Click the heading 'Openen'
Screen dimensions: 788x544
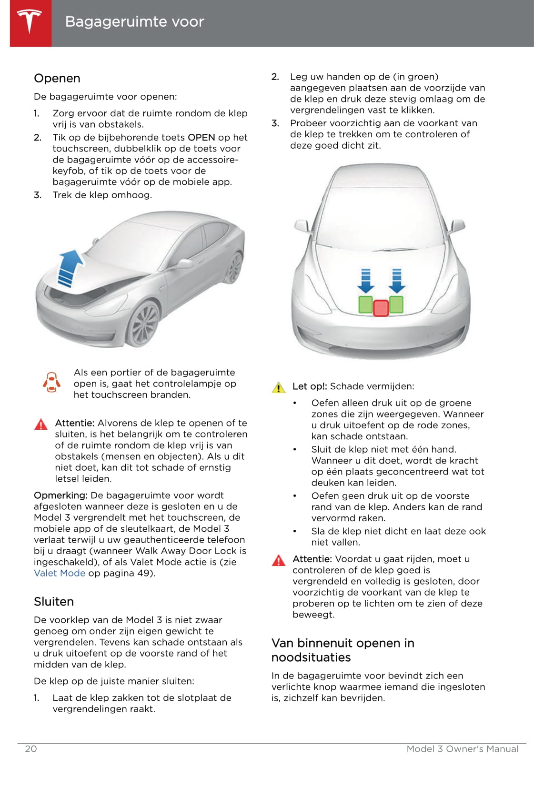tap(57, 79)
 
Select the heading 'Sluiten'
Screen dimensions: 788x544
tap(54, 602)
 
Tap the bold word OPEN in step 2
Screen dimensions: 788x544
tap(201, 138)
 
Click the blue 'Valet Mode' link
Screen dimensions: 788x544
tap(60, 573)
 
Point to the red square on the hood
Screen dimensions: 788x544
tap(381, 308)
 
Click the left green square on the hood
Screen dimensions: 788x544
tap(365, 305)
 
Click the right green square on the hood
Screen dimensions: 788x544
tap(396, 305)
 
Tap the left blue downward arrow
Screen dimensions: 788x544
tap(365, 281)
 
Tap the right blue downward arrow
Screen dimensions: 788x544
tap(397, 281)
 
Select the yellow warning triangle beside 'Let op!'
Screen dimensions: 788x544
tap(279, 387)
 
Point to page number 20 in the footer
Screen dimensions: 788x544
tap(30, 749)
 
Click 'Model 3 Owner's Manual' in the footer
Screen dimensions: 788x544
tap(462, 749)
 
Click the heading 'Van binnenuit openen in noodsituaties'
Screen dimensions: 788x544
tap(343, 650)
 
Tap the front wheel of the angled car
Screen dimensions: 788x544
tap(144, 324)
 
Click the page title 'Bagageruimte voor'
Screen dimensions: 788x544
tap(134, 22)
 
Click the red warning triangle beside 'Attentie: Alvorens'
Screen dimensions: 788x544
tap(41, 424)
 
